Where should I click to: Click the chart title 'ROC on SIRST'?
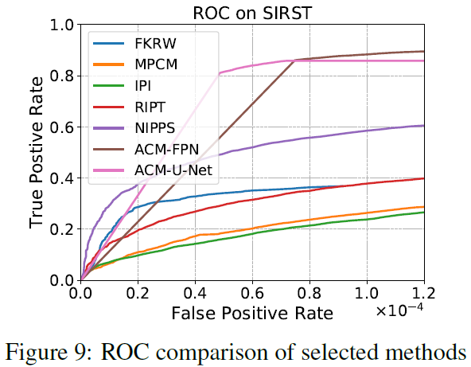coord(252,12)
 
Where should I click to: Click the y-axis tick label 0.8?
coord(61,76)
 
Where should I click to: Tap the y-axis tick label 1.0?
coord(61,25)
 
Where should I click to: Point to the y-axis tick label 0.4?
coord(61,178)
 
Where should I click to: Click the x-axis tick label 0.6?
coord(252,294)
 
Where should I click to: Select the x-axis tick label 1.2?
coord(422,294)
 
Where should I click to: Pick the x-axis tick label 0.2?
coord(138,294)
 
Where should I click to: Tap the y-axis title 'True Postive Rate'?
coord(37,152)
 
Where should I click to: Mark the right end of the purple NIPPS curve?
coord(422,126)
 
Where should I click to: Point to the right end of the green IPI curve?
coord(422,213)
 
